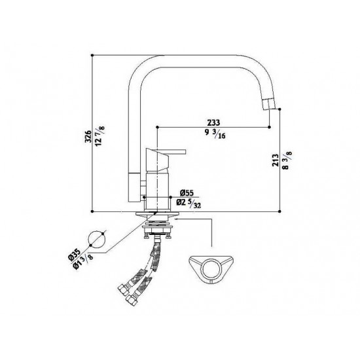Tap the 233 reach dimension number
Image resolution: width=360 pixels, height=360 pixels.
coord(213,122)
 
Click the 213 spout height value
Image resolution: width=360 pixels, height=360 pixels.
coord(275,160)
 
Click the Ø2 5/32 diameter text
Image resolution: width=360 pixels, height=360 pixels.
coord(190,205)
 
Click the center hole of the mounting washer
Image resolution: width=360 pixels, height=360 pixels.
coord(211,266)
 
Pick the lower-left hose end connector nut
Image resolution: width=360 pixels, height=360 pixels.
coord(125,290)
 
